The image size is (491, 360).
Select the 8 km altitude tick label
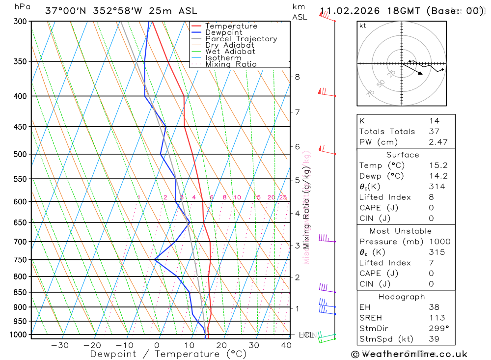point(297,77)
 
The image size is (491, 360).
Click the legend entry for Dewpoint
point(223,32)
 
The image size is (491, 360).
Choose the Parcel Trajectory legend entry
point(241,39)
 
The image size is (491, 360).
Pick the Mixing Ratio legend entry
point(231,64)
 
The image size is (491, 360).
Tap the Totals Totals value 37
point(434,131)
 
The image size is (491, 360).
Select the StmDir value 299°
point(438,328)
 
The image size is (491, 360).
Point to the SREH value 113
point(436,318)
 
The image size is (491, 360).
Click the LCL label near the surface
point(306,335)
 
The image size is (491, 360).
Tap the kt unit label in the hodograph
point(363,26)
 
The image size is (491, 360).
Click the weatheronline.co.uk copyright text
point(409,354)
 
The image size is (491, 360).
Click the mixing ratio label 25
point(283,197)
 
